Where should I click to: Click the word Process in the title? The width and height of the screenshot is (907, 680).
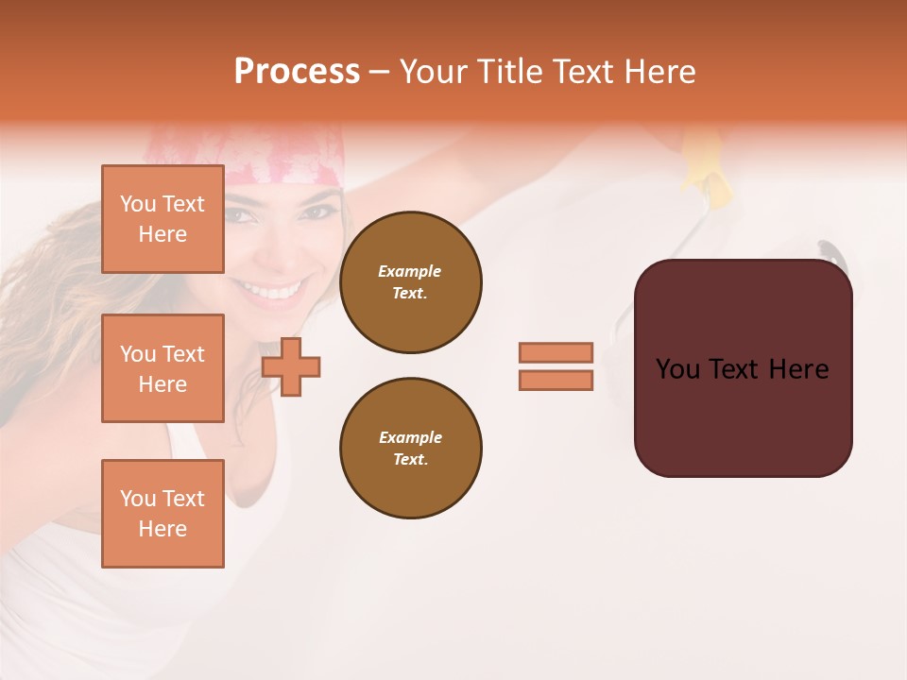tap(297, 72)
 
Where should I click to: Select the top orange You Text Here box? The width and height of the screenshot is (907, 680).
tap(163, 219)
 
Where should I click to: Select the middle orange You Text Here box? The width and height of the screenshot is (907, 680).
tap(163, 368)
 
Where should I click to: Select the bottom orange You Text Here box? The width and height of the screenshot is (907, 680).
tap(163, 514)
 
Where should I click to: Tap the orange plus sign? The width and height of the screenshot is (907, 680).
tap(291, 366)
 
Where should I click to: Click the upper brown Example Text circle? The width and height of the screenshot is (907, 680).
tap(410, 282)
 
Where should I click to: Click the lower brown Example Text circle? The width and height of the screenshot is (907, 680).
tap(410, 449)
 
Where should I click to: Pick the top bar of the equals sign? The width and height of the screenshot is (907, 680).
tap(556, 353)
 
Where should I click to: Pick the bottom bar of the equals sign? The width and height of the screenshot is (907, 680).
tap(556, 381)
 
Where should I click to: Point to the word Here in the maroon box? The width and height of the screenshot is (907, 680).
tap(798, 369)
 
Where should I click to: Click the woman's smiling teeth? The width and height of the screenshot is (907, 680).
tap(277, 288)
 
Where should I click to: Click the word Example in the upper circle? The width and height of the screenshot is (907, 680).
tap(410, 271)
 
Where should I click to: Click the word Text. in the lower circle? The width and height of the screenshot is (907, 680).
tap(410, 460)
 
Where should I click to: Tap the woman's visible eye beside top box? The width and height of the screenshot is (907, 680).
tap(241, 215)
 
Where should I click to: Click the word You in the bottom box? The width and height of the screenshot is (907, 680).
tap(138, 499)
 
